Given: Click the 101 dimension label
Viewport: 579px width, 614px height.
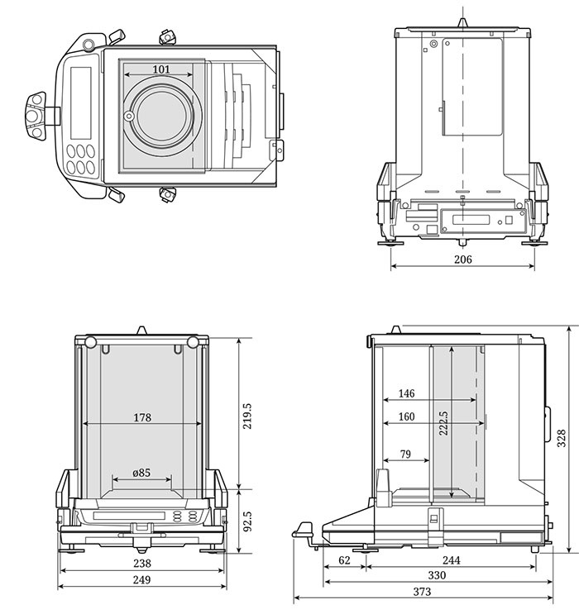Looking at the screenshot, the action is click(x=161, y=69).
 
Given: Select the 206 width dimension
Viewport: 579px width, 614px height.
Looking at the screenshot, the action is click(x=463, y=259).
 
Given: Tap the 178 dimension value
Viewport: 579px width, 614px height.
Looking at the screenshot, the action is click(x=142, y=417).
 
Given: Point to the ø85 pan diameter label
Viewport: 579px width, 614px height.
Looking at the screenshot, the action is click(x=141, y=473).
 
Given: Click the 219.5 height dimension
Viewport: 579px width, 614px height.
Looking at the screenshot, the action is click(x=247, y=416).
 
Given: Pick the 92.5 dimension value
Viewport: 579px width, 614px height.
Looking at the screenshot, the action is click(x=247, y=521).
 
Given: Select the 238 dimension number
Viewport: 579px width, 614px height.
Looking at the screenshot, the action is click(x=142, y=563).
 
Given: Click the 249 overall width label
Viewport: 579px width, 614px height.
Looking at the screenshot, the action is click(x=141, y=579).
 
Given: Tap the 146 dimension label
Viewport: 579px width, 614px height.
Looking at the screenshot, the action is click(x=406, y=393).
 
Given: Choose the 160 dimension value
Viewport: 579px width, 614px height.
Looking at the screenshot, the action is click(x=406, y=416).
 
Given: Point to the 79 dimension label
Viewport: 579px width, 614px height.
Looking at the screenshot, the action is click(x=406, y=454).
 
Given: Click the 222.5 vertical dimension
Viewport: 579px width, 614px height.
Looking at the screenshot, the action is click(x=443, y=423).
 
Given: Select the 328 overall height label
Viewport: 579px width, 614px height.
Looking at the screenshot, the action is click(x=562, y=438).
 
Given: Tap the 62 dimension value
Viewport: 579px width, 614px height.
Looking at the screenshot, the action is click(x=344, y=560).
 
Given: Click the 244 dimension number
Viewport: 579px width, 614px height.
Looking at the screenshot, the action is click(x=451, y=560).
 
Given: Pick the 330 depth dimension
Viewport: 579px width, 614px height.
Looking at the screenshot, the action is click(x=437, y=575).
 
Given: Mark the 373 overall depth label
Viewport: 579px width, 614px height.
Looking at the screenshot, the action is click(x=422, y=592).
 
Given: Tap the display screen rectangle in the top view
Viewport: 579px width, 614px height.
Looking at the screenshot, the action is click(x=81, y=102).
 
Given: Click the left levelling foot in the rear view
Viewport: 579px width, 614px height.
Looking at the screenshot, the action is click(x=390, y=243).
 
